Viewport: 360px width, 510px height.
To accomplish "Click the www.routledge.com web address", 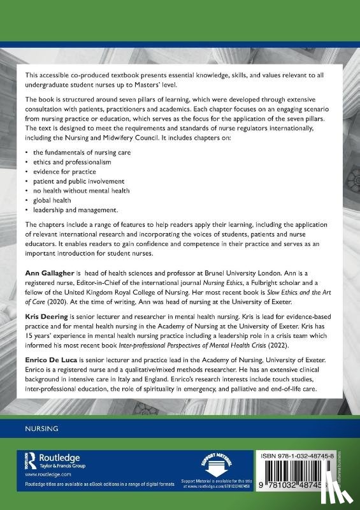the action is (40, 476).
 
